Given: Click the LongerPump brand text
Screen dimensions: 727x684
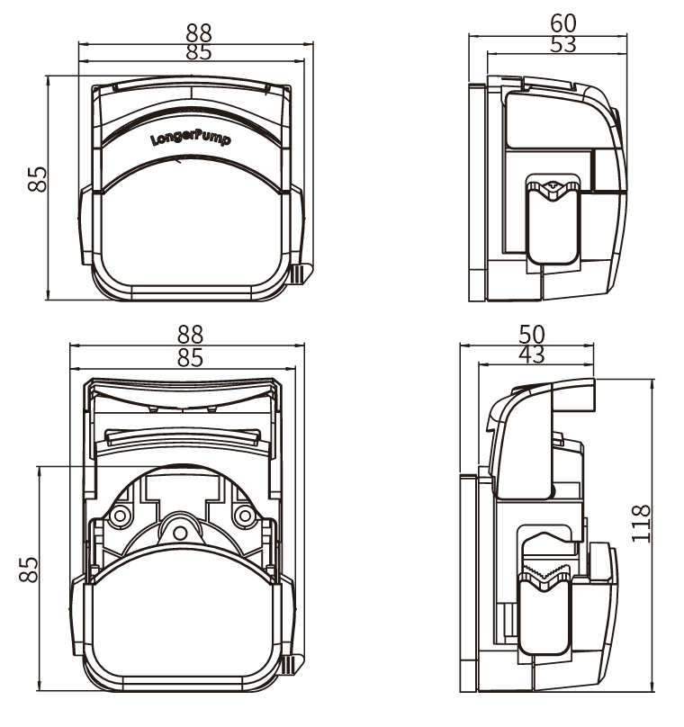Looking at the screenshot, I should tap(192, 140).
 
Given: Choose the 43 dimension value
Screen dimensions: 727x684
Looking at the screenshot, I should tap(532, 355).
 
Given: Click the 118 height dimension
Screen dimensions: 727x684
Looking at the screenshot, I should tap(640, 523).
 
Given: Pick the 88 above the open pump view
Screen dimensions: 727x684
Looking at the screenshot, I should tap(190, 336).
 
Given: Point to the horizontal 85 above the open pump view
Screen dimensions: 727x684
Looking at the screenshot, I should tap(190, 357).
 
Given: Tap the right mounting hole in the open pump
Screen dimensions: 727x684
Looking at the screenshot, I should tap(244, 516).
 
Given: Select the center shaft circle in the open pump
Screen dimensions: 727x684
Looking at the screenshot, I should tap(180, 534).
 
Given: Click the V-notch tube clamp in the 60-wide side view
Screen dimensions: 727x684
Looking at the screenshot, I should tap(552, 187).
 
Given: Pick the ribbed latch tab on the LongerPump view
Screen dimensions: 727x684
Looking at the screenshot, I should tap(296, 274).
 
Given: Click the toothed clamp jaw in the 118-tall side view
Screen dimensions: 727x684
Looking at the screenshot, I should tap(546, 572).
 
